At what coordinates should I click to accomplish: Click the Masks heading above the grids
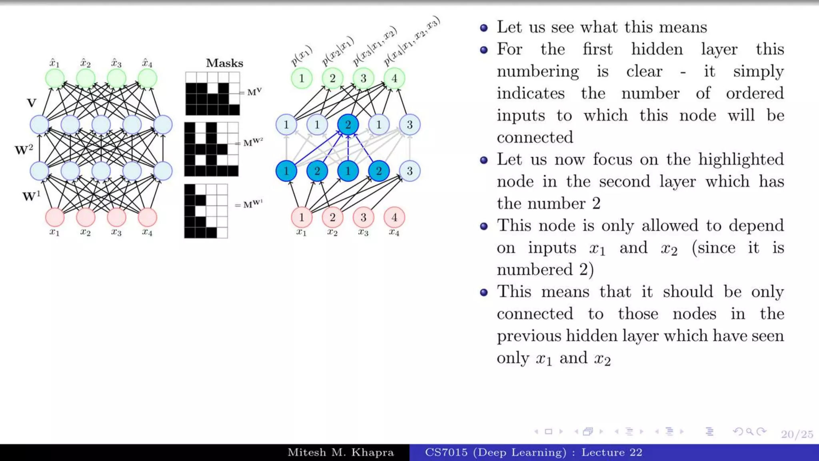224,63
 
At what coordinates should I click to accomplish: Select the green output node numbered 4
394,78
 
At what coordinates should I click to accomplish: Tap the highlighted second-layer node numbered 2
348,125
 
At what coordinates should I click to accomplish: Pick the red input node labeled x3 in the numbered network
363,217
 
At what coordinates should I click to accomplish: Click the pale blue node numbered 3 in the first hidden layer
409,171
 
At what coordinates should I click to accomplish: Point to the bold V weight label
32,103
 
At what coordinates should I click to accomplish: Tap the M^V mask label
254,92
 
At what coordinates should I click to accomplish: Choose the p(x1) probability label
301,56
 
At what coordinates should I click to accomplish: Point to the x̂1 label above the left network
54,63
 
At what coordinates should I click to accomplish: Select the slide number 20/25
797,434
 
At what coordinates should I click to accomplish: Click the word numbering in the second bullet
537,72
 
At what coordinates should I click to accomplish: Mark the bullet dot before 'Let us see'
484,28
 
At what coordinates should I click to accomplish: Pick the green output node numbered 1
302,78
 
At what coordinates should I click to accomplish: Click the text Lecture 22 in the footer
611,453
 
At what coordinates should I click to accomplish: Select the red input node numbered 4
394,217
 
